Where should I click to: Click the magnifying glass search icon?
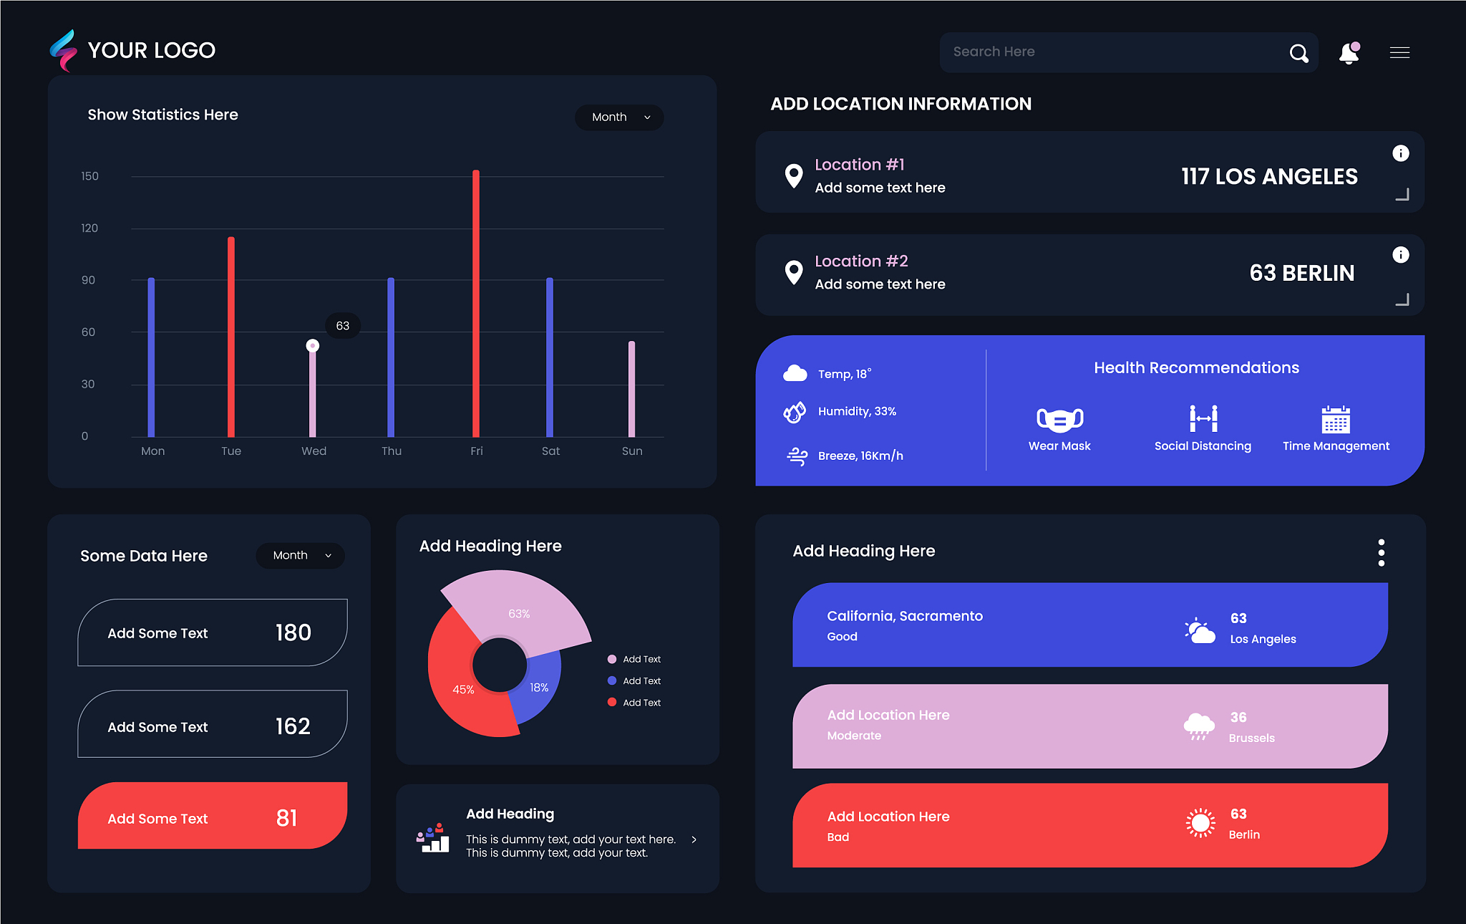click(1298, 53)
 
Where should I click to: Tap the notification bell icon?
click(1349, 53)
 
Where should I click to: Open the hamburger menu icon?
click(1399, 52)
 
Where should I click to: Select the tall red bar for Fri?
click(476, 303)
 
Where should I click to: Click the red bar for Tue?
click(231, 337)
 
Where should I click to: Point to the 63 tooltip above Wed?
click(343, 326)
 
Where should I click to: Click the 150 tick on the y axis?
click(89, 176)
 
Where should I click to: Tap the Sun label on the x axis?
click(632, 451)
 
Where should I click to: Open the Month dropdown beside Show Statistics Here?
click(619, 117)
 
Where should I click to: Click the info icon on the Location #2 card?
click(1401, 255)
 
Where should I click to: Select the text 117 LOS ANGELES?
click(1269, 177)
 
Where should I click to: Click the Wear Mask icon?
click(1060, 419)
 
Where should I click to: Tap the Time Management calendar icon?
click(1336, 420)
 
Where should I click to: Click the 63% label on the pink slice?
click(519, 614)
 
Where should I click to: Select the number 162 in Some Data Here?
click(293, 726)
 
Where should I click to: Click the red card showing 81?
click(213, 816)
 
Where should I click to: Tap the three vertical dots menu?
click(1382, 553)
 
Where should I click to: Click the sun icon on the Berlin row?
click(1200, 823)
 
